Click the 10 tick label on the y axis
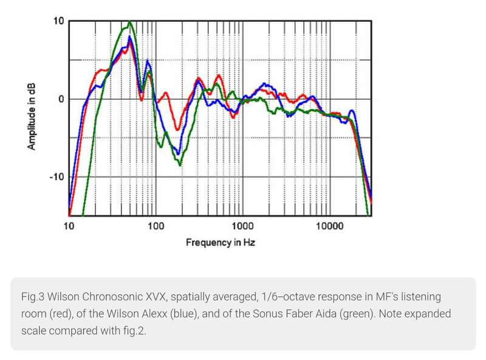(x=58, y=21)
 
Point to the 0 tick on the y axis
(x=59, y=99)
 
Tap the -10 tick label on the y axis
(x=55, y=177)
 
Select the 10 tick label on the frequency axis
(x=69, y=226)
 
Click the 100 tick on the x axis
(x=156, y=226)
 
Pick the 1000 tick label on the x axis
(x=242, y=226)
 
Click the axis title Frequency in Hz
(x=220, y=243)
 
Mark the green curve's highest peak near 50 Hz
(x=130, y=22)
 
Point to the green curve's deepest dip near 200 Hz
(x=180, y=165)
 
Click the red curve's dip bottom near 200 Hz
(x=177, y=130)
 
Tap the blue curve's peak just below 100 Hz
(x=148, y=61)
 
